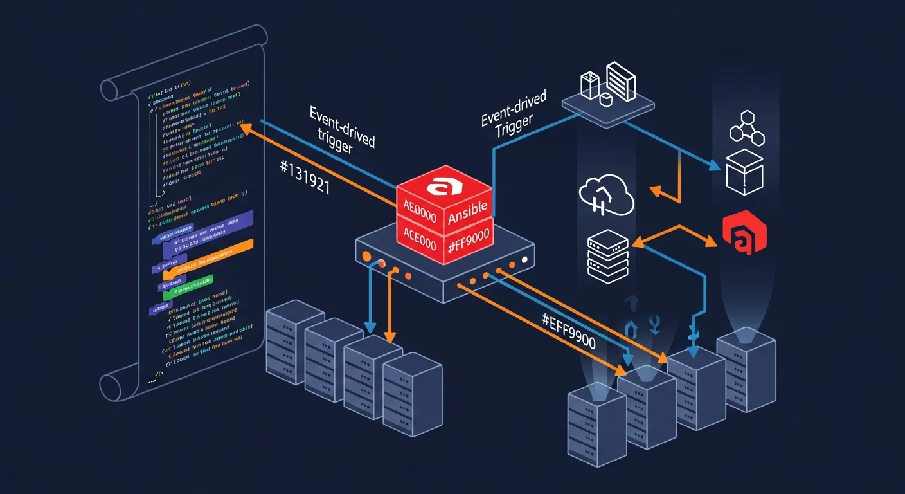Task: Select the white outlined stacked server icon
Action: (608, 256)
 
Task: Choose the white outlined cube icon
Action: (744, 172)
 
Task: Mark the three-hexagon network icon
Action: (748, 127)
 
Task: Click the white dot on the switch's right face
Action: (525, 260)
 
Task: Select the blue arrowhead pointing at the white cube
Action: (714, 167)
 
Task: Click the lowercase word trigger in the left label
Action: (335, 148)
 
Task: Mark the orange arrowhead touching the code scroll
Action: (244, 129)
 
